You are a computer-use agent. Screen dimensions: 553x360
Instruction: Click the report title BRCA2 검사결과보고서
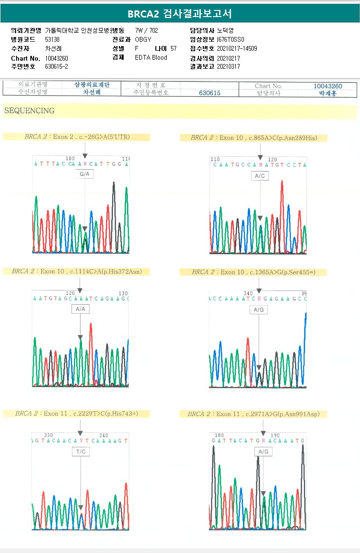[x=180, y=14]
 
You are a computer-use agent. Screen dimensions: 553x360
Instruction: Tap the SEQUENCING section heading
[x=29, y=111]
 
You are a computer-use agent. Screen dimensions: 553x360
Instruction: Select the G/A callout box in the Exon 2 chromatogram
[x=85, y=174]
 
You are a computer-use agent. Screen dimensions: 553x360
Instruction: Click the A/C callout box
[x=260, y=176]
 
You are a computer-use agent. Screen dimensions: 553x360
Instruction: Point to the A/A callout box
[x=80, y=309]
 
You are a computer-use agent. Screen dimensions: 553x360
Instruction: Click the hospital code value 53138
[x=52, y=39]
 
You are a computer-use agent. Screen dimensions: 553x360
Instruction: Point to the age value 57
[x=173, y=48]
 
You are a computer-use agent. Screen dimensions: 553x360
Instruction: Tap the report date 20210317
[x=228, y=67]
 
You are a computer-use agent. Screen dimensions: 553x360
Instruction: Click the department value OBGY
[x=143, y=39]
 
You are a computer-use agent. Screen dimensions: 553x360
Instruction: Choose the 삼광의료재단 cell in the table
[x=92, y=85]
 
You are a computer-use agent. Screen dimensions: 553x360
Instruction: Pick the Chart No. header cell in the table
[x=268, y=86]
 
